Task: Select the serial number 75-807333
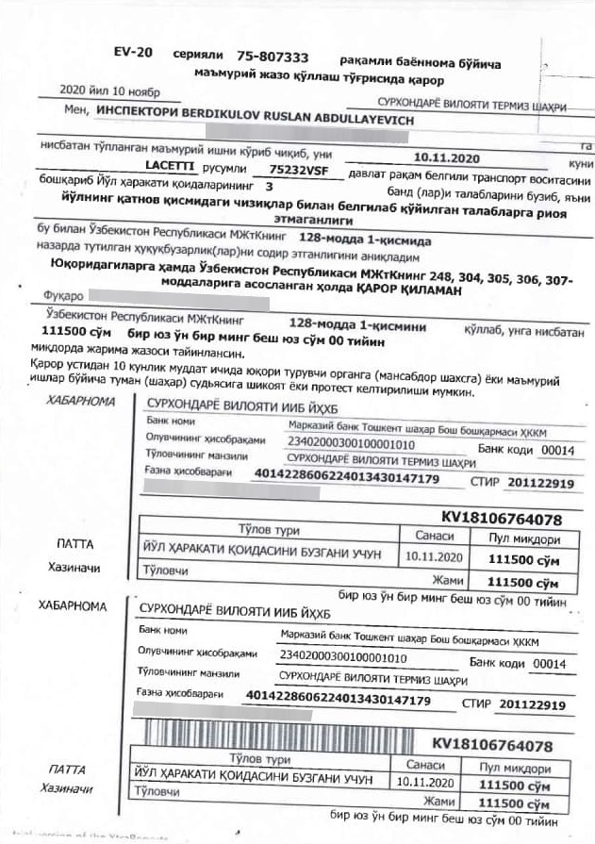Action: [273, 58]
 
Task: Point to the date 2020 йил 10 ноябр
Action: [108, 92]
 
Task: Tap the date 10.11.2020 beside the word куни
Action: [448, 158]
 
